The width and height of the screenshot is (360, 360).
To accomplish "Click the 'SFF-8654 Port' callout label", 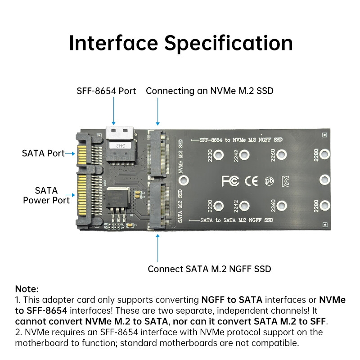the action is [106, 91].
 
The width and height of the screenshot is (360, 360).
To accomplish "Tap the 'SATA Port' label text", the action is [43, 153].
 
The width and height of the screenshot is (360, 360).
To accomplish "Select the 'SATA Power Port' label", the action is [46, 195].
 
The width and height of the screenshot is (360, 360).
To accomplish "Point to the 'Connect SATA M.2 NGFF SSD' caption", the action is [209, 269].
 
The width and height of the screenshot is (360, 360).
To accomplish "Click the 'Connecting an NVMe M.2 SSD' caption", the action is [210, 91].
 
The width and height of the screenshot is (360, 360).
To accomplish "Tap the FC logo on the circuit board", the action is [230, 181].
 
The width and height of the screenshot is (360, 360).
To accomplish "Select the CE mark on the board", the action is [251, 181].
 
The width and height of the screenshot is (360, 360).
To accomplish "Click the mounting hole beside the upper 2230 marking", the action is [218, 155].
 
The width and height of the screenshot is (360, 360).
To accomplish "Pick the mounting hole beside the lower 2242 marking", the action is [244, 206].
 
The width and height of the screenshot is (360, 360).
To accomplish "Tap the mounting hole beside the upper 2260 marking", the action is [282, 155].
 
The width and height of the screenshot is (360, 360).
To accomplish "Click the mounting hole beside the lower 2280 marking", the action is [324, 206].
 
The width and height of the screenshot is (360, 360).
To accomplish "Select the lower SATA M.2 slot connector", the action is [158, 206].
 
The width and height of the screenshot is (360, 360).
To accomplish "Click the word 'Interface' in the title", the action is [113, 43].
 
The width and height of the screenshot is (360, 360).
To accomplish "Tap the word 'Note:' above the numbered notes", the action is [27, 289].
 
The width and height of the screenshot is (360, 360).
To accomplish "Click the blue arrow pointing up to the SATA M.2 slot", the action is [158, 248].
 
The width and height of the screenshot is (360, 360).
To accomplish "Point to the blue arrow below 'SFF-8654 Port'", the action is [113, 111].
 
